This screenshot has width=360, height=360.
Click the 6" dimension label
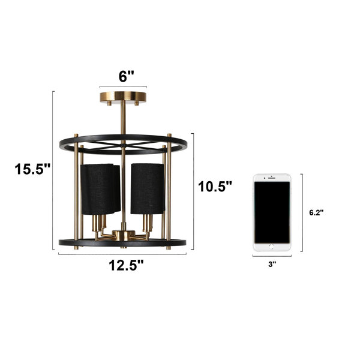[x=126, y=76]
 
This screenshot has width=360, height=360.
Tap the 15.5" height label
[x=32, y=169]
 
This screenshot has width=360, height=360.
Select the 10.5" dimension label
[x=215, y=186]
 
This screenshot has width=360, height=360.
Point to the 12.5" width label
[x=126, y=265]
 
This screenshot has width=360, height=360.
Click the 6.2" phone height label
[x=316, y=212]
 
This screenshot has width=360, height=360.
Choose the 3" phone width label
[x=272, y=264]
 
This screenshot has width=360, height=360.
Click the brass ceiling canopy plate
[x=123, y=97]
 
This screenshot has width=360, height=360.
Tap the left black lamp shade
[x=100, y=189]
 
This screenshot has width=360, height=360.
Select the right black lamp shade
[x=148, y=188]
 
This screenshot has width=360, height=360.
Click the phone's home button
[x=272, y=247]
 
